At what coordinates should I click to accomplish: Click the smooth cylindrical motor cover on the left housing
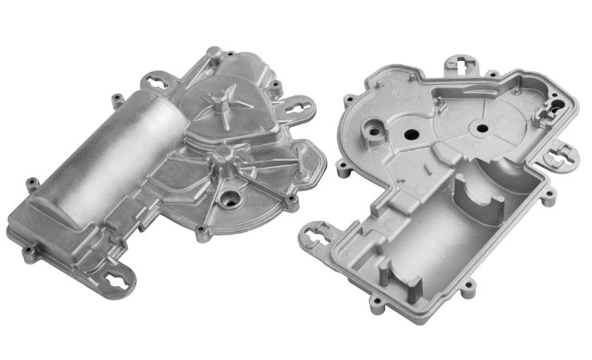click(96, 160)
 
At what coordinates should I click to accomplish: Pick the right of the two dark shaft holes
click(482, 126)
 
